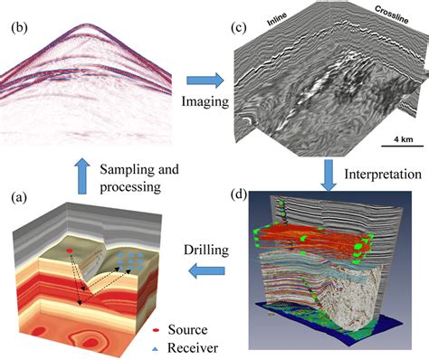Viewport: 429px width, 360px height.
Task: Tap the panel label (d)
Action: tap(239, 193)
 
